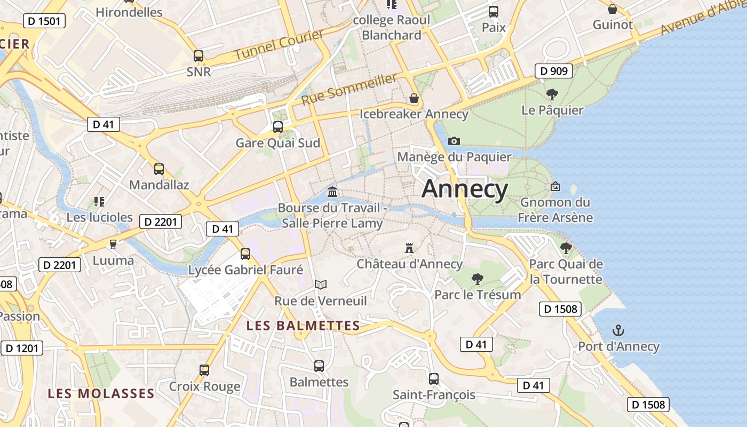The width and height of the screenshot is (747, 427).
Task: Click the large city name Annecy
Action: pyautogui.click(x=465, y=189)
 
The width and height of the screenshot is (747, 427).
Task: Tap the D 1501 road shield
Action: pyautogui.click(x=44, y=21)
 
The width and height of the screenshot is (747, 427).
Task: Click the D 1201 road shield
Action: pyautogui.click(x=22, y=349)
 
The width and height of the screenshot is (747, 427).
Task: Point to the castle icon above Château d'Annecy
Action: pyautogui.click(x=409, y=248)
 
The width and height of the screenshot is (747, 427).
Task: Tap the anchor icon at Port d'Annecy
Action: pyautogui.click(x=618, y=330)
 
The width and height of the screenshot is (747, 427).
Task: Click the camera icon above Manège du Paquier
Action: pyautogui.click(x=454, y=141)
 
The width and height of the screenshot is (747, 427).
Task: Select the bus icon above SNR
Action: pyautogui.click(x=198, y=56)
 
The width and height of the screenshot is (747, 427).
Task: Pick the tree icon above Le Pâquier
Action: pyautogui.click(x=552, y=95)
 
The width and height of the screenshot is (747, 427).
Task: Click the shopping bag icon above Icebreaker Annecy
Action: pyautogui.click(x=414, y=98)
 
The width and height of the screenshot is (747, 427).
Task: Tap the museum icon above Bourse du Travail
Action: pyautogui.click(x=332, y=192)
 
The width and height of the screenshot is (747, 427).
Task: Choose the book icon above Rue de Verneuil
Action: pyautogui.click(x=321, y=285)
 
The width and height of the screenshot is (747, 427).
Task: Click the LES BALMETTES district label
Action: pyautogui.click(x=303, y=325)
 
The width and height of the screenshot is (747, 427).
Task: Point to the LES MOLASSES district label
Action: pyautogui.click(x=101, y=394)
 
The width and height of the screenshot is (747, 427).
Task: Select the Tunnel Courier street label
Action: pyautogui.click(x=279, y=45)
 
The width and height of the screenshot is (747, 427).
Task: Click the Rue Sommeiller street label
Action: pyautogui.click(x=349, y=89)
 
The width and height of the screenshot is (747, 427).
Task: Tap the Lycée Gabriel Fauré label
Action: pyautogui.click(x=245, y=270)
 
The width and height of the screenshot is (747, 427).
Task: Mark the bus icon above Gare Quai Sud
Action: pyautogui.click(x=278, y=127)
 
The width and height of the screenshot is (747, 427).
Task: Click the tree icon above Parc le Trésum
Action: pyautogui.click(x=478, y=279)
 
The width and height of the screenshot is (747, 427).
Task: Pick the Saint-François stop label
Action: pyautogui.click(x=434, y=395)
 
